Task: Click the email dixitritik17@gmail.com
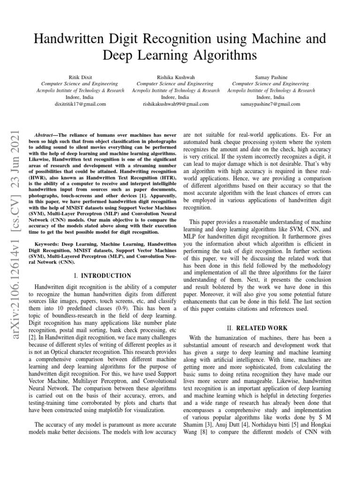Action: tap(74, 104)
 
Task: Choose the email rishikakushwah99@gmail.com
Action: tap(175, 104)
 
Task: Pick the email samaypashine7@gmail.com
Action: tap(271, 104)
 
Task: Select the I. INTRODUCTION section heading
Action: tap(103, 276)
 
